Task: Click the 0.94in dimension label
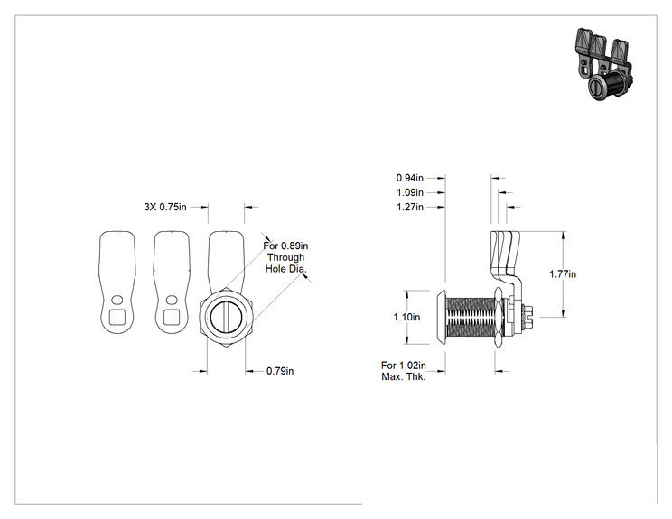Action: point(410,178)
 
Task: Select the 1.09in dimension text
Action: point(410,192)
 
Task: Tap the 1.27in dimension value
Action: point(410,207)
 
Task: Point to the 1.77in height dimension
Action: point(563,273)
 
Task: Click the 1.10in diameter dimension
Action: point(406,317)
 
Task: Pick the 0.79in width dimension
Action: point(280,371)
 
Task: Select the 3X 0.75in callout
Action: point(165,207)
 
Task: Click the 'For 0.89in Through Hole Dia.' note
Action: point(285,257)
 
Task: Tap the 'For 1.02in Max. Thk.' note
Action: point(403,371)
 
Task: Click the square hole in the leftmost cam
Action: point(117,318)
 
